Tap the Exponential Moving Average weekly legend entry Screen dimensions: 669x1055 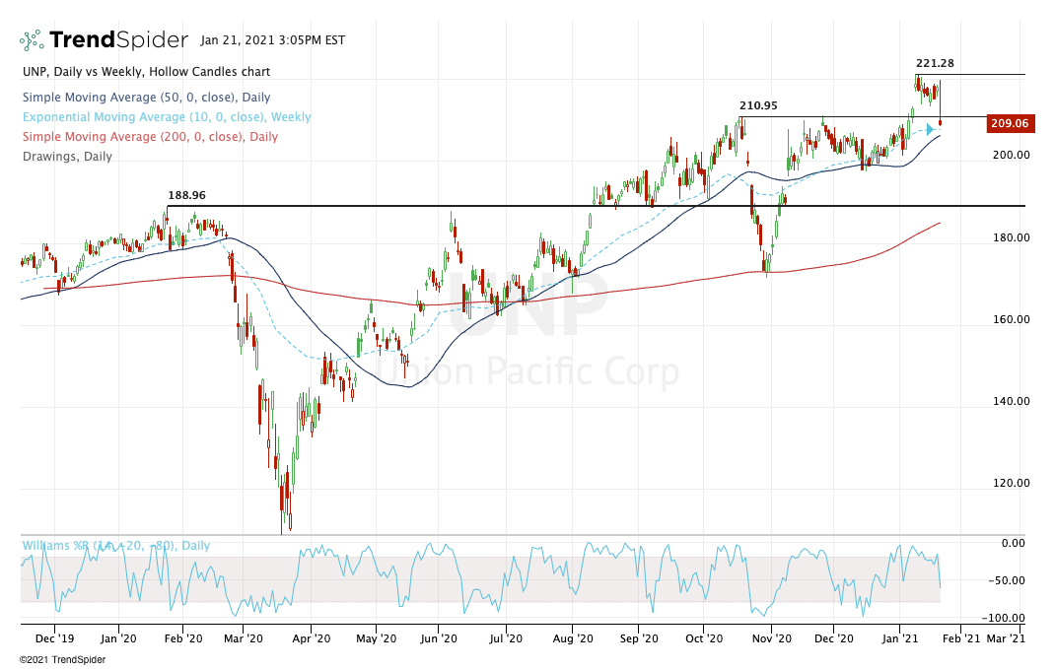tap(154, 117)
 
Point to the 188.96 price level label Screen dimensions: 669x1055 tap(186, 195)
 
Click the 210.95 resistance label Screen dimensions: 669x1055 tap(758, 105)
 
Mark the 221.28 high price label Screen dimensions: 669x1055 tap(935, 64)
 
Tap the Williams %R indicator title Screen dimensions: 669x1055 tap(115, 545)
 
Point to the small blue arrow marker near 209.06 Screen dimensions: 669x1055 tap(930, 128)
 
